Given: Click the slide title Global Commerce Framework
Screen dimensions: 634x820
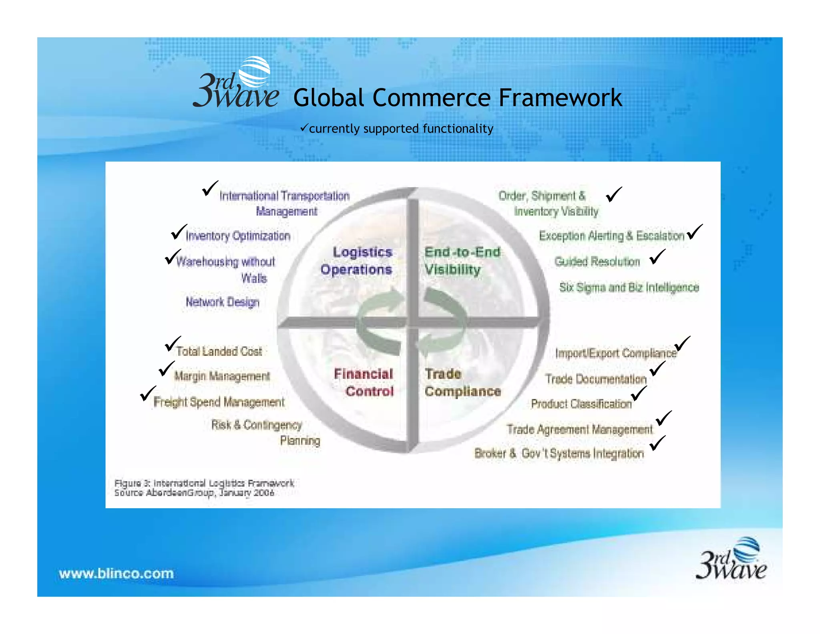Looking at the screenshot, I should tap(457, 98).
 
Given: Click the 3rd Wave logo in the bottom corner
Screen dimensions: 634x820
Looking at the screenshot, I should tap(731, 559).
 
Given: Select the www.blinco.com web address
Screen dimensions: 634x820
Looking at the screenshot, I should tap(116, 573).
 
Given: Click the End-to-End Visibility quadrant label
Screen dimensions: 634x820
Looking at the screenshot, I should tap(462, 261).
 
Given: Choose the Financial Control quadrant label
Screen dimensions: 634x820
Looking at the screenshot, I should tap(364, 382).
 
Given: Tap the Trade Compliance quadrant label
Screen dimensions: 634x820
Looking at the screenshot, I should tap(462, 382).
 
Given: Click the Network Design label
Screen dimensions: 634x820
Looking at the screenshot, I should tap(222, 302).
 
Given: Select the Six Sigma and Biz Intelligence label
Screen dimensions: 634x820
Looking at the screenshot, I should tap(629, 287).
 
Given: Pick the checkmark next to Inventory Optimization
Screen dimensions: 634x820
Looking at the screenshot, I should tap(179, 232).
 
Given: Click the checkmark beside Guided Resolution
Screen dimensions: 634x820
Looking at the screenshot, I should tap(657, 257).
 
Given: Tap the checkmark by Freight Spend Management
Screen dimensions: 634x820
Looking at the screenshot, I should tap(148, 393).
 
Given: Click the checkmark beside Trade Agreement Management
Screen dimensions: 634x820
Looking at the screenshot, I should tap(663, 418).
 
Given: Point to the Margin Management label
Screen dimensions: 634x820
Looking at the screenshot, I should tap(222, 376).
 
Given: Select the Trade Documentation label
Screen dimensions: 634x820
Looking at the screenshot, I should tap(596, 379).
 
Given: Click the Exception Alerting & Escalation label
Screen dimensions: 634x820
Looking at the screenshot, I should tap(611, 236).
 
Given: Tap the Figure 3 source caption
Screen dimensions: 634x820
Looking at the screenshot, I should tap(204, 488).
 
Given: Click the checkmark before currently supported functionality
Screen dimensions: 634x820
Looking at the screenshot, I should tap(304, 128).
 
